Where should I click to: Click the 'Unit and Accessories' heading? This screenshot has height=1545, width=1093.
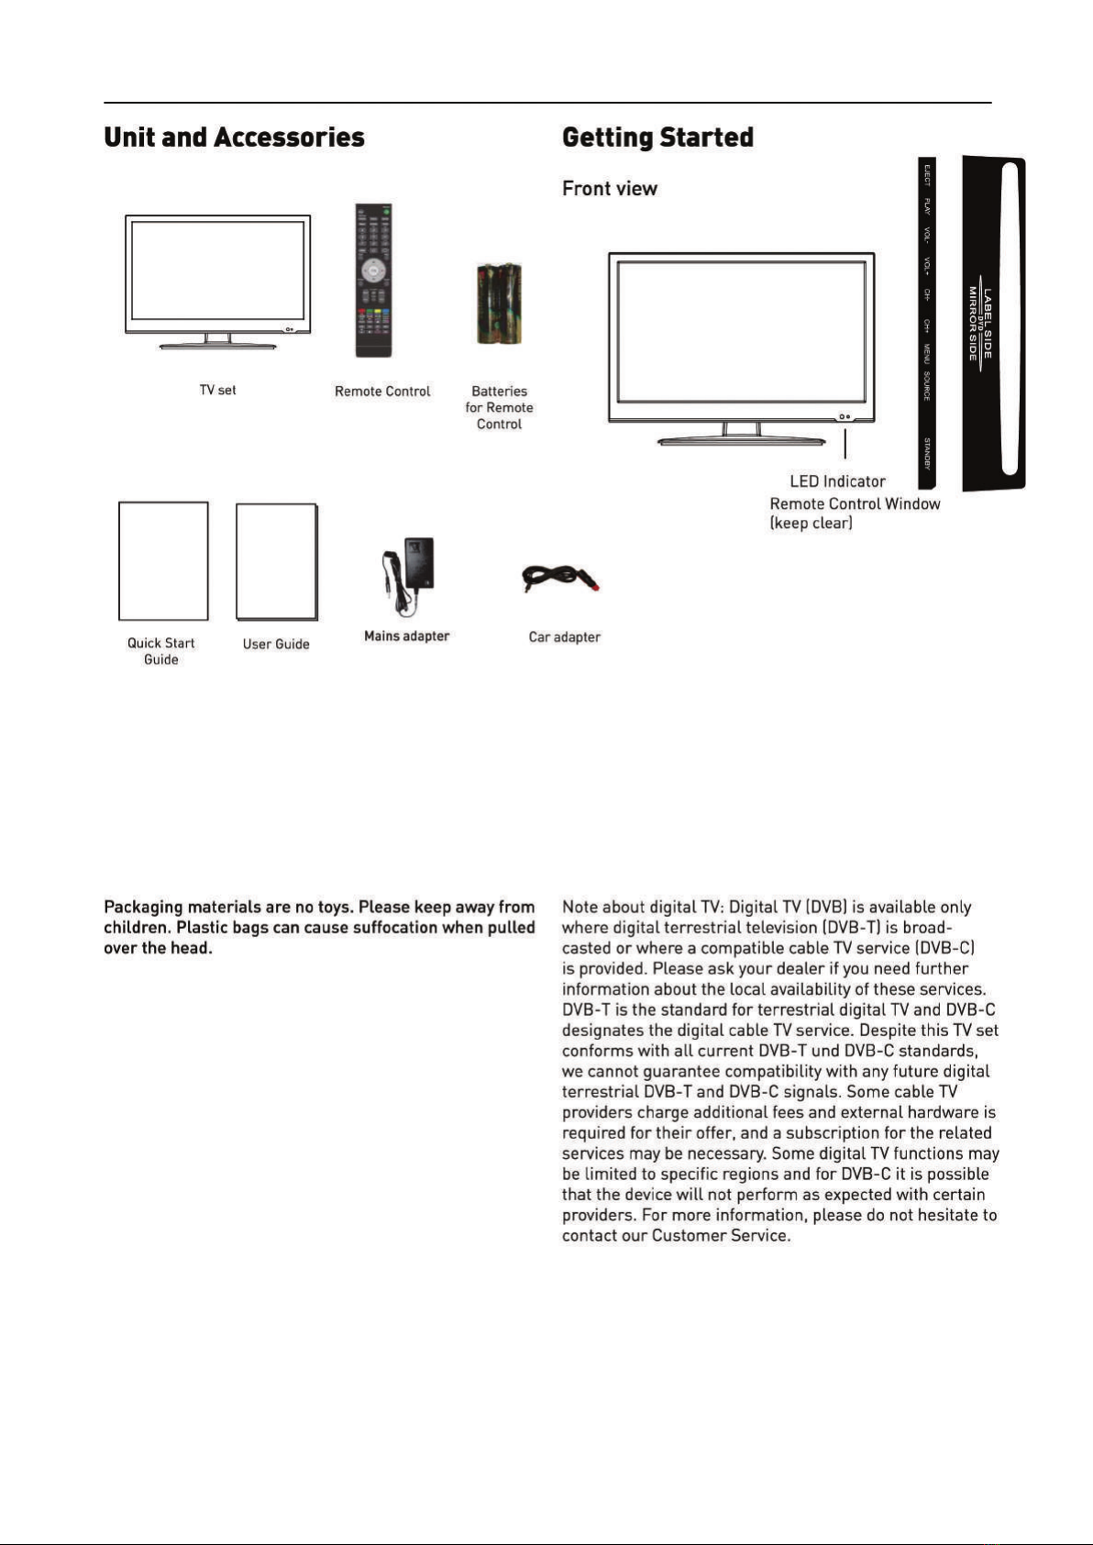pyautogui.click(x=234, y=138)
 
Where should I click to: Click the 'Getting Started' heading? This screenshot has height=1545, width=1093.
pyautogui.click(x=657, y=138)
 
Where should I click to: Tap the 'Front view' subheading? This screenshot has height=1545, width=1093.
pyautogui.click(x=610, y=188)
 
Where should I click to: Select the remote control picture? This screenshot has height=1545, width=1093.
pyautogui.click(x=374, y=280)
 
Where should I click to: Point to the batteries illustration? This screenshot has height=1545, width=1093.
pyautogui.click(x=499, y=303)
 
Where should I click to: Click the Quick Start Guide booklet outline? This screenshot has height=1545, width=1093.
pyautogui.click(x=163, y=560)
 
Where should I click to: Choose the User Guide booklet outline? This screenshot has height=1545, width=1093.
pyautogui.click(x=277, y=561)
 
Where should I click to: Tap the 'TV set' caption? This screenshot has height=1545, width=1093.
pyautogui.click(x=217, y=391)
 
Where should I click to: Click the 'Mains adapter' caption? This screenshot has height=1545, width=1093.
pyautogui.click(x=406, y=636)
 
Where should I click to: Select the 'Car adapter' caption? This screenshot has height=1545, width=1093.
pyautogui.click(x=564, y=637)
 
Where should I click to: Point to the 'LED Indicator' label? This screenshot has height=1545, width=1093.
pyautogui.click(x=837, y=481)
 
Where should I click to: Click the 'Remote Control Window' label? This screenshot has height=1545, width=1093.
pyautogui.click(x=855, y=503)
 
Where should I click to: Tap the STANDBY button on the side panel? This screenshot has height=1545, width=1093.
pyautogui.click(x=927, y=454)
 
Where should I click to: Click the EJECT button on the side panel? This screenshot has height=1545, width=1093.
pyautogui.click(x=927, y=174)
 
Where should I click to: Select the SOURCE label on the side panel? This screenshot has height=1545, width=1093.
pyautogui.click(x=927, y=386)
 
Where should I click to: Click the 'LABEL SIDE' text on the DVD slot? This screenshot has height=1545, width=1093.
pyautogui.click(x=988, y=324)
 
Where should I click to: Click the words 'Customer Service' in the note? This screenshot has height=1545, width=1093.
pyautogui.click(x=721, y=1236)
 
